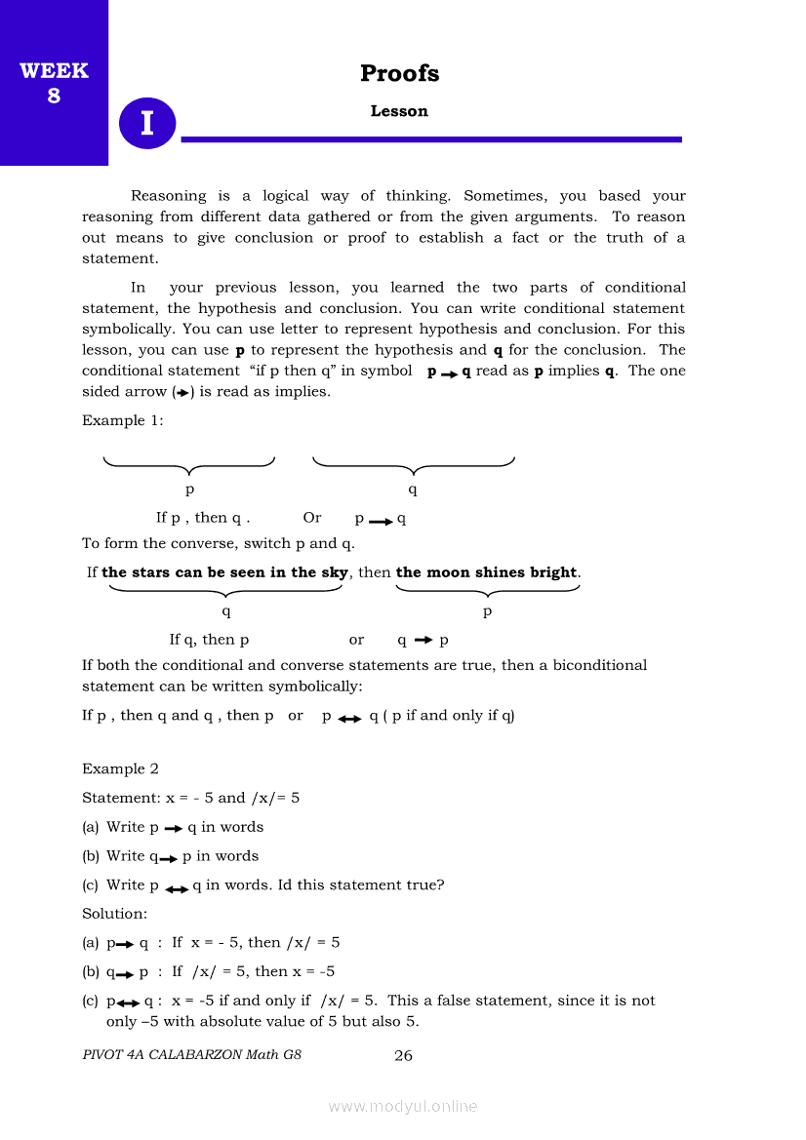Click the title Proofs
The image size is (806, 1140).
[399, 73]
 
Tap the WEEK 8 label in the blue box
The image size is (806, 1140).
[54, 83]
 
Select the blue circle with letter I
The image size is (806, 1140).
[147, 124]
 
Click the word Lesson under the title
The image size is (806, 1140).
[399, 111]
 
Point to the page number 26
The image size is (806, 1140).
[403, 1055]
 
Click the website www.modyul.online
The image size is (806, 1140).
[403, 1106]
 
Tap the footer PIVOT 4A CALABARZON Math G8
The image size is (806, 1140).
[191, 1055]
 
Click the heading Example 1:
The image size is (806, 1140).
[123, 420]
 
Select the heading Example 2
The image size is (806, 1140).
[120, 768]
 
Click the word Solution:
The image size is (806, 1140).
[114, 914]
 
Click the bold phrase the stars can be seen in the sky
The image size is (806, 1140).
[224, 572]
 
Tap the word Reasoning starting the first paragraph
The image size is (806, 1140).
[169, 196]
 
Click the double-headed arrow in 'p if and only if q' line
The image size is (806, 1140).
[349, 717]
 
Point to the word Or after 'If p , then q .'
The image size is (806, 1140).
[312, 518]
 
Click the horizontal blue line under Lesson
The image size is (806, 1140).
[431, 139]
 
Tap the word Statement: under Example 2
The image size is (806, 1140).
[121, 798]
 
